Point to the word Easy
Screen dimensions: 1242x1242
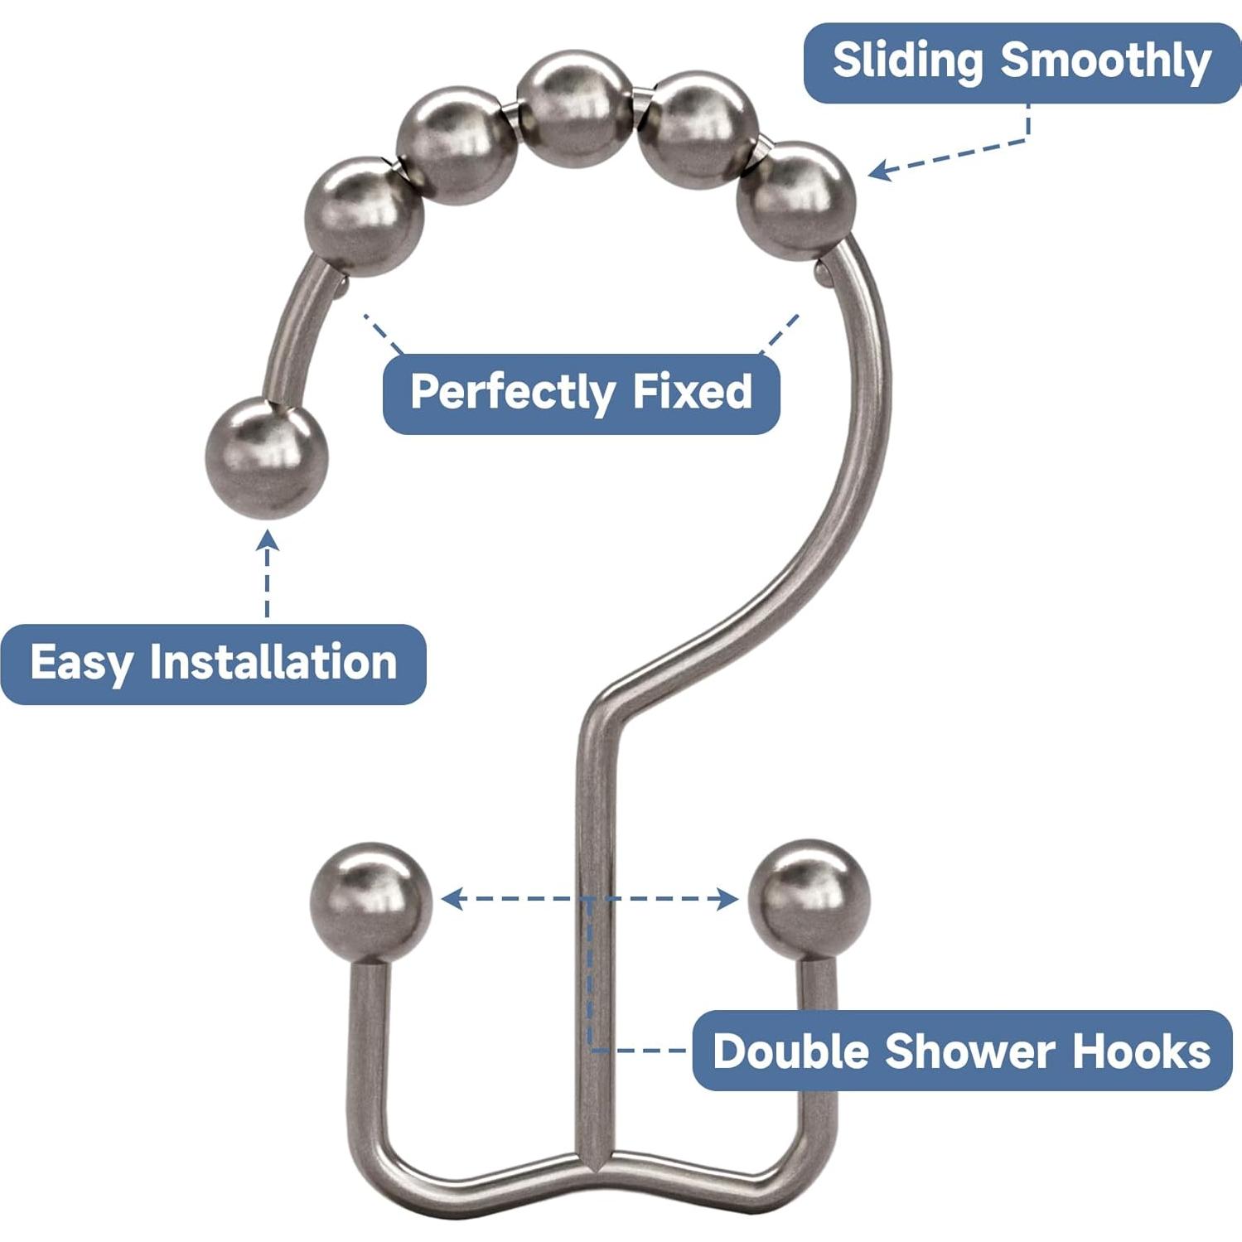[x=81, y=664]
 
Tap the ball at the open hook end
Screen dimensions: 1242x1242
[x=266, y=457]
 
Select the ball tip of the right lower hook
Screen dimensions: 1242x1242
[x=809, y=901]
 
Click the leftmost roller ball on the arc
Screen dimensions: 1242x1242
[x=365, y=216]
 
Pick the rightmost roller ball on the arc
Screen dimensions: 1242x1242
[x=796, y=201]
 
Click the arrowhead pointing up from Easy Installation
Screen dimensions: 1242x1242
[x=267, y=542]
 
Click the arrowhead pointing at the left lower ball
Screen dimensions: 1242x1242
[x=452, y=898]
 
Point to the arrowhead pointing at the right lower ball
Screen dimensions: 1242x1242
[x=727, y=898]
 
